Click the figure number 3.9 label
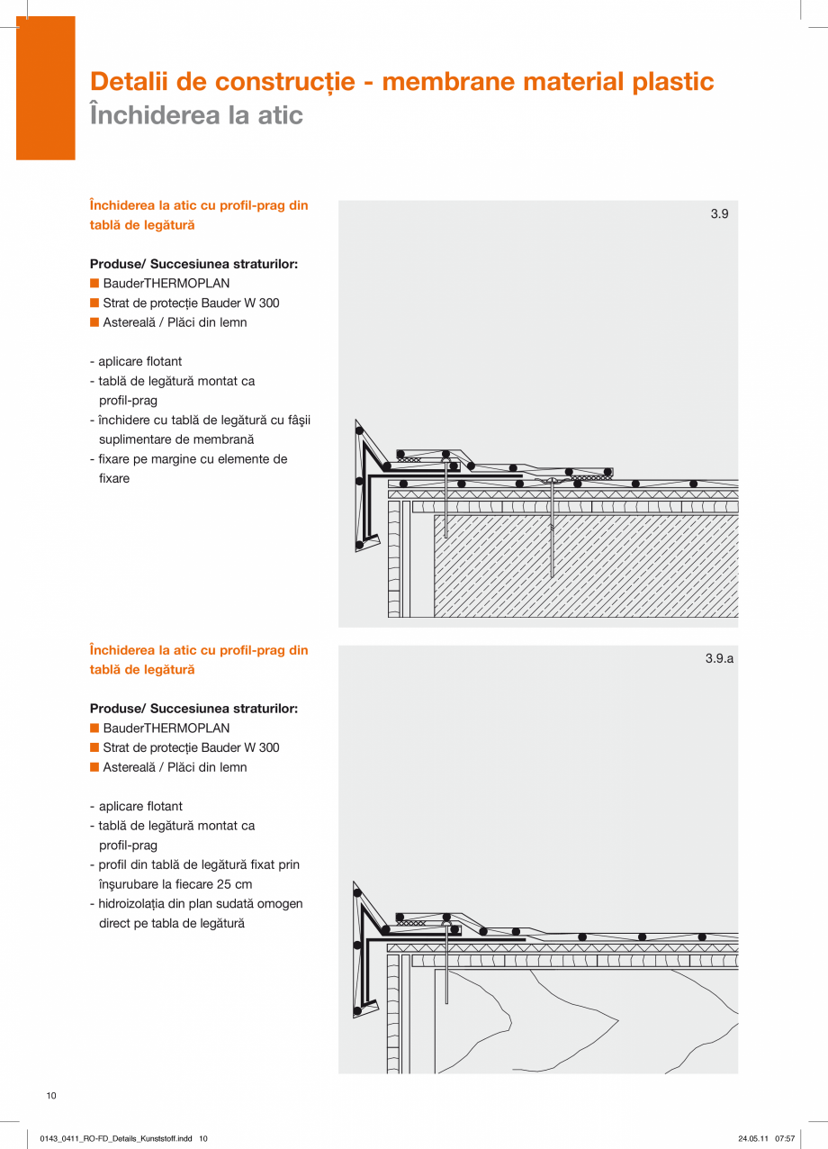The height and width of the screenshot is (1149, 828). click(x=719, y=214)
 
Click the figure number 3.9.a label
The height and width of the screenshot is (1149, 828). click(x=719, y=659)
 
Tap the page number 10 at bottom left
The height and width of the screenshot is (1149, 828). click(x=51, y=1096)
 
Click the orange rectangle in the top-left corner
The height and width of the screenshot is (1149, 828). click(x=45, y=88)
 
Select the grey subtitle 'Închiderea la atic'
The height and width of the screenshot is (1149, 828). click(x=196, y=116)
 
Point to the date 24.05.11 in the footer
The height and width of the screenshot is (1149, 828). click(x=752, y=1139)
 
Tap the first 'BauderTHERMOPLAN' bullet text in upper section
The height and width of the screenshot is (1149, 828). click(x=166, y=284)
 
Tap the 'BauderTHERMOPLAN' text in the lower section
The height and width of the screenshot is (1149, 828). click(x=166, y=728)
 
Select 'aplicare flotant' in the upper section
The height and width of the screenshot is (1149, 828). click(x=139, y=362)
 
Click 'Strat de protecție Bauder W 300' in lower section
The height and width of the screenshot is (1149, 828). click(x=191, y=748)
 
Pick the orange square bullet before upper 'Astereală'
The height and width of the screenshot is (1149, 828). click(x=94, y=322)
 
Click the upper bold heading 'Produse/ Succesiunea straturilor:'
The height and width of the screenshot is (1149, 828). click(x=193, y=265)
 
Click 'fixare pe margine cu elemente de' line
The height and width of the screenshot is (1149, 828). click(x=193, y=459)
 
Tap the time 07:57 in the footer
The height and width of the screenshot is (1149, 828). click(x=784, y=1139)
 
